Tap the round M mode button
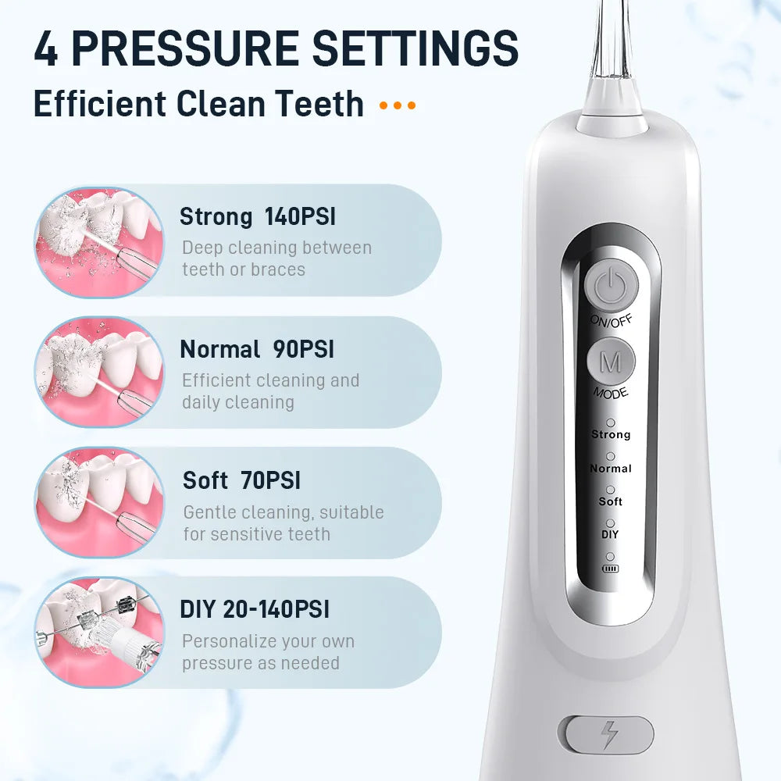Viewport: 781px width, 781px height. (610, 362)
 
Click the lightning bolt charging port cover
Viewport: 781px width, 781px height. (606, 735)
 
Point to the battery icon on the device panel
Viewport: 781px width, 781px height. (610, 568)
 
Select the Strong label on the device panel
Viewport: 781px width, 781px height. (611, 434)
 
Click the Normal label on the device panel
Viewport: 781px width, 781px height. (611, 469)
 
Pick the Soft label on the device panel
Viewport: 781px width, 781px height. (611, 501)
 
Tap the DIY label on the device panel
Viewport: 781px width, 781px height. (610, 534)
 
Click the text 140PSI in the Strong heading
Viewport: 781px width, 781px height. (300, 216)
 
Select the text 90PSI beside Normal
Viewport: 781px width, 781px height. (304, 349)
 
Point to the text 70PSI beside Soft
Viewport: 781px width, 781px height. (271, 480)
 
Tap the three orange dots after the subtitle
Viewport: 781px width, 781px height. (398, 105)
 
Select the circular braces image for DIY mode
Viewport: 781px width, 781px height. (99, 632)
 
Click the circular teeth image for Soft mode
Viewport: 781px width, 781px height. (99, 501)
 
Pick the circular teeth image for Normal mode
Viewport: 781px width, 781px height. (99, 372)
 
